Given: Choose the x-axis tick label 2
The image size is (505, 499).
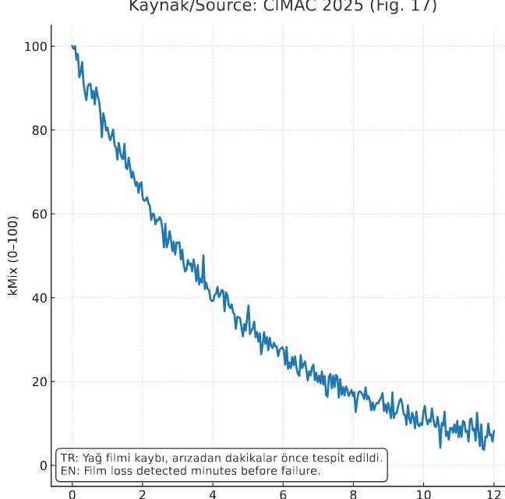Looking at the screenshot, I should pyautogui.click(x=143, y=493).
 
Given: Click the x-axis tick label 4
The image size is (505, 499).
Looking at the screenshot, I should pyautogui.click(x=213, y=493).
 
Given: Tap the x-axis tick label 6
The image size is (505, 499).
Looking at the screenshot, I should pyautogui.click(x=283, y=493).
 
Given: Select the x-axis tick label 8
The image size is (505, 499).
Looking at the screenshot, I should pyautogui.click(x=353, y=493).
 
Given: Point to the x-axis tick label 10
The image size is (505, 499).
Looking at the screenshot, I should pyautogui.click(x=423, y=493).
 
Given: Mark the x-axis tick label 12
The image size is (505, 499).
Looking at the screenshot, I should pyautogui.click(x=493, y=493).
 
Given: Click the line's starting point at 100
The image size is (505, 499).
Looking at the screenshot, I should pyautogui.click(x=72, y=47).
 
